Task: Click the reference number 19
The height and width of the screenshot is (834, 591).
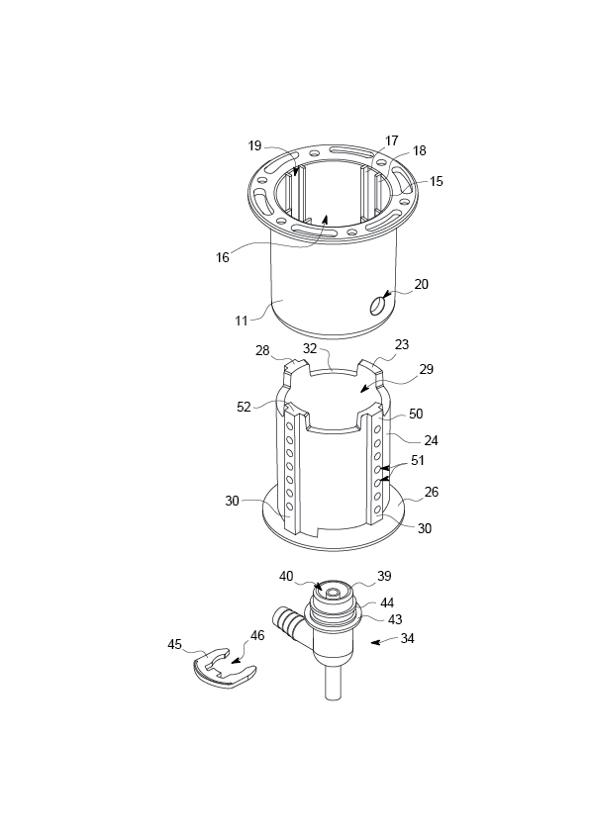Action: (x=255, y=145)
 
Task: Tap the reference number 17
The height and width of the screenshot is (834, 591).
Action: (x=392, y=140)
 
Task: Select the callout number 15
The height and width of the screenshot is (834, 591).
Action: (x=436, y=181)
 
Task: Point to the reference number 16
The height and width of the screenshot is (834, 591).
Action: (x=222, y=257)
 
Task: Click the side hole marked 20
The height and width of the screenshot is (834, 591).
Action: (x=377, y=306)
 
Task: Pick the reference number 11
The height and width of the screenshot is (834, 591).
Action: (x=242, y=321)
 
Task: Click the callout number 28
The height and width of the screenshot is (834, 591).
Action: (x=262, y=350)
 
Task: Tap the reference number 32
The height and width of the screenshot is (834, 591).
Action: (x=310, y=349)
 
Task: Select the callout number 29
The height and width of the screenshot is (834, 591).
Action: (x=427, y=369)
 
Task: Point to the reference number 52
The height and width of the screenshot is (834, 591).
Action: (x=244, y=407)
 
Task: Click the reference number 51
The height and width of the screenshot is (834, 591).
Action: (x=418, y=460)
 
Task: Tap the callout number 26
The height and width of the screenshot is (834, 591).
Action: (x=432, y=492)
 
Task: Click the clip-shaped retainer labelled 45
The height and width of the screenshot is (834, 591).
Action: (x=224, y=669)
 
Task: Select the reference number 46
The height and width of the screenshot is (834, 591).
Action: (x=257, y=635)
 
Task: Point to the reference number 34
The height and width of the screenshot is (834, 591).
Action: (x=407, y=638)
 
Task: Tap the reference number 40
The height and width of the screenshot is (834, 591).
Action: (x=286, y=576)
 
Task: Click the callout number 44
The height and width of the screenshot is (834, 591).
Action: (x=387, y=602)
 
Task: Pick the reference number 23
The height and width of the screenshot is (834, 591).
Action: (x=402, y=344)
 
